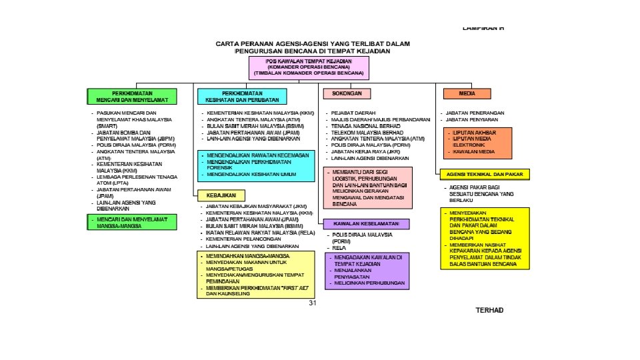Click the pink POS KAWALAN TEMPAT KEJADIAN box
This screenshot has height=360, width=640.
coord(310,67)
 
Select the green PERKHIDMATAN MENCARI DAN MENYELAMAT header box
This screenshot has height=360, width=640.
coord(133,96)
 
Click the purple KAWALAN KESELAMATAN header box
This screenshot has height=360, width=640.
coord(366,223)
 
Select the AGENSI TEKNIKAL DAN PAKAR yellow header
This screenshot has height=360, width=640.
coord(484,174)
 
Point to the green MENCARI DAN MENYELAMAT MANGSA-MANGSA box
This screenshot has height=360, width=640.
coord(133,222)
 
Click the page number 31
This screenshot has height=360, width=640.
coord(312,303)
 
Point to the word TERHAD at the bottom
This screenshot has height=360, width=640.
coord(489,311)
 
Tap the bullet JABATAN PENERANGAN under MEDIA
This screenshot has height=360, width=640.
coord(475,113)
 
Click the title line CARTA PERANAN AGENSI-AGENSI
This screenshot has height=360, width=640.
coord(312,43)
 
